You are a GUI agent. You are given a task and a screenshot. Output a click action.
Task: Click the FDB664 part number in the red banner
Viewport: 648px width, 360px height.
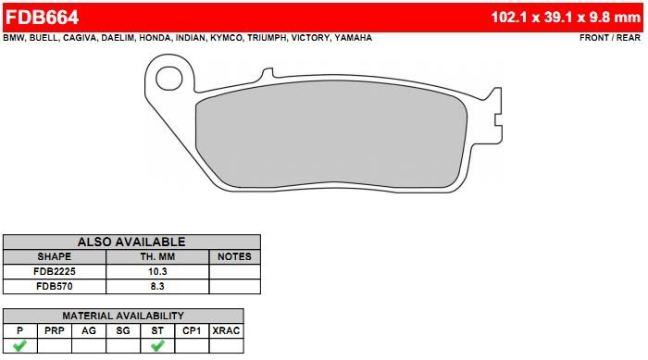(42, 18)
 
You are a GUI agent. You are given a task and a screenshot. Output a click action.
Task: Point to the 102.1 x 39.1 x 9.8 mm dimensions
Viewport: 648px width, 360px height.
(566, 18)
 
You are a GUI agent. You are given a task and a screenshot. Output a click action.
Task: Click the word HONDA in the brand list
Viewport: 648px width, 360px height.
(155, 38)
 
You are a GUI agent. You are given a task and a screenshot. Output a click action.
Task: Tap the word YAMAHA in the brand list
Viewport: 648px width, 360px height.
(354, 38)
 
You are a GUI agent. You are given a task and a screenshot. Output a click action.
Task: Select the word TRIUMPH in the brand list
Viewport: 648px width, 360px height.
(267, 38)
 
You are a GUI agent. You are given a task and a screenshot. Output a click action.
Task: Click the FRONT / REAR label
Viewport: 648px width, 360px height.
(610, 38)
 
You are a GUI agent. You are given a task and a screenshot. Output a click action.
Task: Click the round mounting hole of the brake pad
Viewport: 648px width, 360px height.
(169, 79)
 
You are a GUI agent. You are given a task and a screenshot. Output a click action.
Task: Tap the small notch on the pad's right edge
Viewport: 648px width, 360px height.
(498, 120)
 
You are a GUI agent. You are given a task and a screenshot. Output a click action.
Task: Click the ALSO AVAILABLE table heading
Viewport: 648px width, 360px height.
(131, 242)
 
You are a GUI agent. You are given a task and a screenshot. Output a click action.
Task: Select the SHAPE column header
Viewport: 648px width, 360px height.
(54, 256)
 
